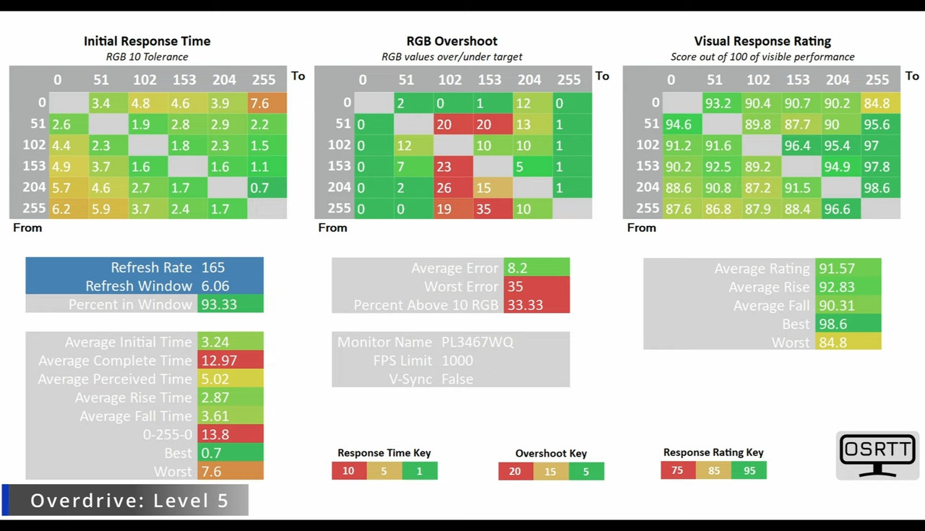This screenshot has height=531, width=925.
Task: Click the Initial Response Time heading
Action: point(147,41)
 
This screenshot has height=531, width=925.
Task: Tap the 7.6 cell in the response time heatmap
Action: point(267,103)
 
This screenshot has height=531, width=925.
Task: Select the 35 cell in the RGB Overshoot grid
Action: point(483,209)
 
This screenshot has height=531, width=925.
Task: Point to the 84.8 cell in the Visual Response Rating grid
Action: point(877,103)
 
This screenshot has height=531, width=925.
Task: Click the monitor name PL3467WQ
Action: point(477,342)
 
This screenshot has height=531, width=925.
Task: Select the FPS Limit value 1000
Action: point(457,360)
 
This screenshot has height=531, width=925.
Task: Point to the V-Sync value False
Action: point(457,379)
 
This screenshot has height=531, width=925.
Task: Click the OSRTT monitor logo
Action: point(877,455)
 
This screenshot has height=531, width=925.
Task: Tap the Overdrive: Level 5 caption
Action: point(129,500)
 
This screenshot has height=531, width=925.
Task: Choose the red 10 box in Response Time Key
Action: point(348,471)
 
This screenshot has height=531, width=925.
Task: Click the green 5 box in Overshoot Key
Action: point(586,472)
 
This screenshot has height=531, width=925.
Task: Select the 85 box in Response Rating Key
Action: point(713,471)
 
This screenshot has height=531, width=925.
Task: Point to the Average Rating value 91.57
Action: point(837,268)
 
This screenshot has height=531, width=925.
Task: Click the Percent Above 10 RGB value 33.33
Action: point(525,304)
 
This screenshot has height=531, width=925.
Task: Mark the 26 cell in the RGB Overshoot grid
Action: point(444,188)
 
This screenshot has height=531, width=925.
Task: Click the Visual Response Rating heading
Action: point(762,41)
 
